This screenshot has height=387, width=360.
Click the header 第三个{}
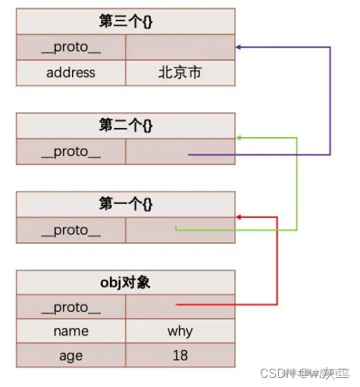point(125,20)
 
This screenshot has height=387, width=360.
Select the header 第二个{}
point(125,126)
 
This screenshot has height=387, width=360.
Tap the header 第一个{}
point(125,204)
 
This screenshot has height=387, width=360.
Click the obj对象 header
point(125,282)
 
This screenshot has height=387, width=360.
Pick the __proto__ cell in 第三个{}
point(70,47)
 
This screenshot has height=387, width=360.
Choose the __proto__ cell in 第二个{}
point(70,151)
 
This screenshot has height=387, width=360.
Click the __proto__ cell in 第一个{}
point(70,230)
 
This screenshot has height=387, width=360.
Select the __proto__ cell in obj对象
point(70,307)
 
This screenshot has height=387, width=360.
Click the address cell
point(70,73)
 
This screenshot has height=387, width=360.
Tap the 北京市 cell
point(180,73)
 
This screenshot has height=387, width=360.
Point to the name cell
point(70,331)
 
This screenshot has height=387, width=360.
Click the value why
point(180,331)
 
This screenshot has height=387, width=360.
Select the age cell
point(70,354)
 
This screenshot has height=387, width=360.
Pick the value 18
point(180,354)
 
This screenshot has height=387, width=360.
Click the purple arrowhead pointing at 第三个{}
point(239,47)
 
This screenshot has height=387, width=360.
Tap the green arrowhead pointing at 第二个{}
point(239,138)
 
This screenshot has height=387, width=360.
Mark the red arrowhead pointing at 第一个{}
point(239,217)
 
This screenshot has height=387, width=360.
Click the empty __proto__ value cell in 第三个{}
point(180,47)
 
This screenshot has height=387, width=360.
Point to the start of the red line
point(177,305)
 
